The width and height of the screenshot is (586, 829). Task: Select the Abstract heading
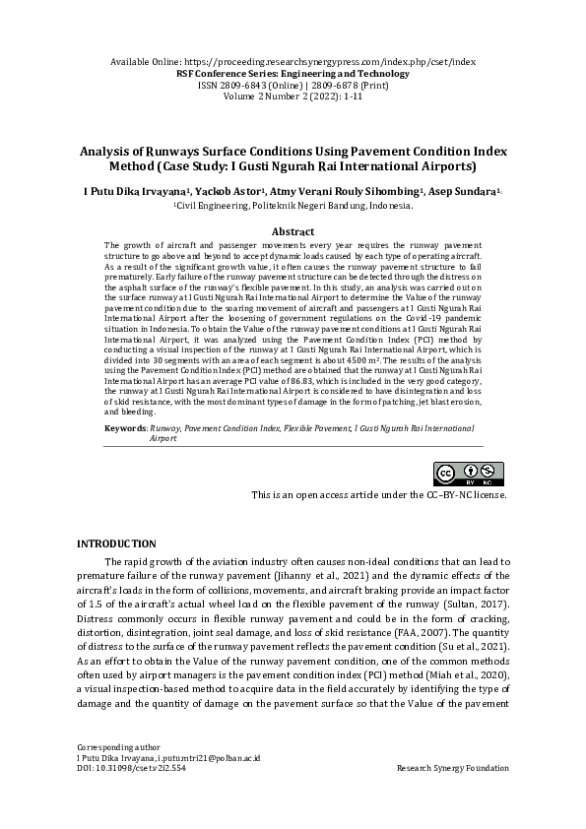coord(293,229)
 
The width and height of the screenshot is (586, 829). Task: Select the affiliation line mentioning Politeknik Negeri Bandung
coord(293,207)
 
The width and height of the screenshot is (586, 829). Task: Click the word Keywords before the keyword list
coord(126,429)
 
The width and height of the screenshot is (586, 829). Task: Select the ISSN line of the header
coord(293,86)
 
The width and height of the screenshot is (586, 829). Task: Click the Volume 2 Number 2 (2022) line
coord(293,97)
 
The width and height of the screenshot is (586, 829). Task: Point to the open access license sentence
coord(380,494)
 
